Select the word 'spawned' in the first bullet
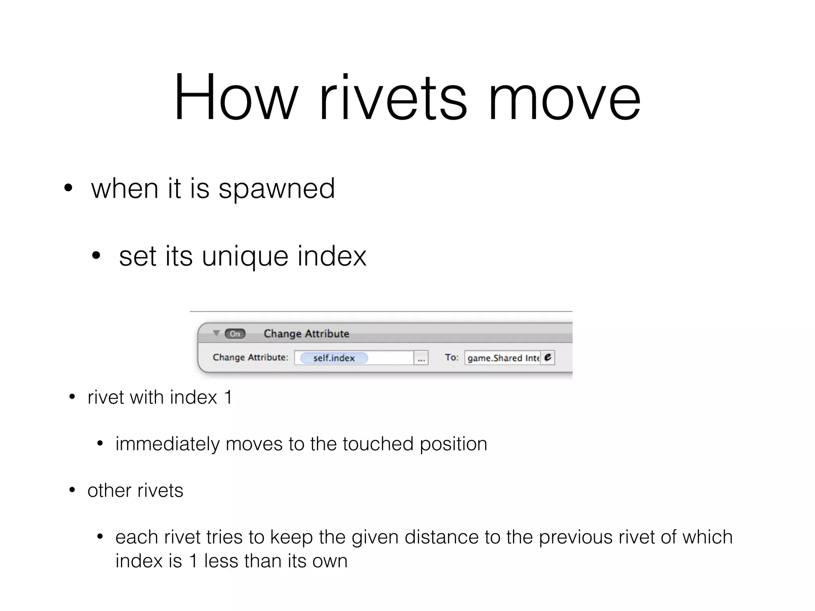(277, 189)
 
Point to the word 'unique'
(244, 257)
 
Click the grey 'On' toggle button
(235, 334)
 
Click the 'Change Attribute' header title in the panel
(306, 334)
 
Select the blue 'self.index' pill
(333, 358)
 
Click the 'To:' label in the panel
(451, 358)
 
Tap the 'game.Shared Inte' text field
(502, 358)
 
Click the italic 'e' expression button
(548, 358)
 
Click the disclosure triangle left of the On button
(216, 333)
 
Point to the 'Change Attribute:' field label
(250, 358)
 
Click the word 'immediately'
(167, 444)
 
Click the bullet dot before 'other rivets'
(72, 490)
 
